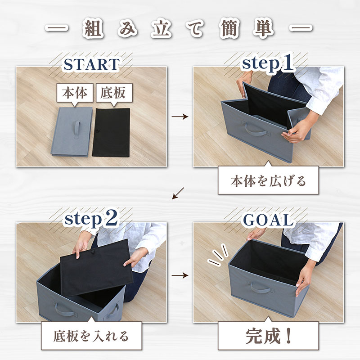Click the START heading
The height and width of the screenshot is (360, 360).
[x=91, y=64]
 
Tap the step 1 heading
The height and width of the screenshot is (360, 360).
[x=268, y=63]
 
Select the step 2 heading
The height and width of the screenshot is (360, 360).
[x=91, y=219]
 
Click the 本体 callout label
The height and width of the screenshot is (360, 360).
[x=75, y=93]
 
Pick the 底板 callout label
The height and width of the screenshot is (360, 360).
[x=114, y=93]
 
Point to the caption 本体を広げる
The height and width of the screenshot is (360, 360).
[x=268, y=181]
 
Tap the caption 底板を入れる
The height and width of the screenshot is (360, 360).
[x=91, y=336]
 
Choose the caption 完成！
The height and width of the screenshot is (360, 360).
[x=268, y=336]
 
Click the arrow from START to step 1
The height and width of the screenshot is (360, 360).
[x=180, y=117]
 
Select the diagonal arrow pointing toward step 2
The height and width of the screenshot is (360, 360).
[x=178, y=193]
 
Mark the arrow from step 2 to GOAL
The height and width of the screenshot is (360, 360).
[x=180, y=275]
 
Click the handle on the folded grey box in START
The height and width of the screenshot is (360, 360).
[x=77, y=129]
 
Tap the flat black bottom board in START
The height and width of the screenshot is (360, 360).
[x=111, y=132]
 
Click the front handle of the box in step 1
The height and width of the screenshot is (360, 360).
[x=256, y=130]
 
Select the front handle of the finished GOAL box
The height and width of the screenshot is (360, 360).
[x=261, y=288]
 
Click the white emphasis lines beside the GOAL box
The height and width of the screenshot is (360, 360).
[x=217, y=255]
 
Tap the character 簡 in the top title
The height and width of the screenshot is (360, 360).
[x=229, y=29]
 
